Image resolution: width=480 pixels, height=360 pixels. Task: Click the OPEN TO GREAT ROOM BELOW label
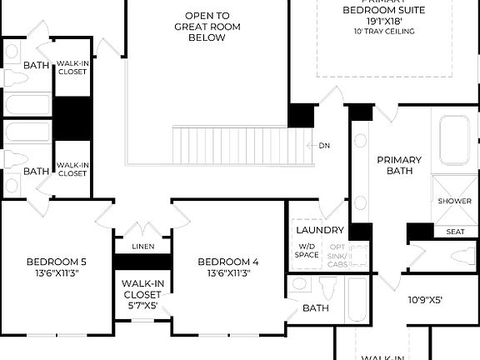coord(207,27)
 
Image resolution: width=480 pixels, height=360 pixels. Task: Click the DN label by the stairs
coord(324,145)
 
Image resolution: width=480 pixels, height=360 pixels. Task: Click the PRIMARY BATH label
coord(399,165)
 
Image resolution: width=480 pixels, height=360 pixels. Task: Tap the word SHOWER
coord(454,201)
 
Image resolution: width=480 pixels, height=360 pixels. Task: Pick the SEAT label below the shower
coord(456,232)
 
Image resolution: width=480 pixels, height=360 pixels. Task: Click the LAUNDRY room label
coord(320,230)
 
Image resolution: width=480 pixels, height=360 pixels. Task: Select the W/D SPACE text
coord(307,250)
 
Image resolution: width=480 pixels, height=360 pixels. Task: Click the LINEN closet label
coord(142,247)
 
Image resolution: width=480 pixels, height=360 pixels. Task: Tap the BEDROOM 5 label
coord(56,262)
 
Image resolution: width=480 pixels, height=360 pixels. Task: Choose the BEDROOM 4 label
coord(227,262)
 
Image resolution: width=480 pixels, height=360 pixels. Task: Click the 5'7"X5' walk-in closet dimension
coord(142,306)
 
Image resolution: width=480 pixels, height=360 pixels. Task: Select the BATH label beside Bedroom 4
coord(316,308)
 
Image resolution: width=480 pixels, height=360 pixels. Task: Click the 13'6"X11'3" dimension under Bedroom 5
coord(56,272)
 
